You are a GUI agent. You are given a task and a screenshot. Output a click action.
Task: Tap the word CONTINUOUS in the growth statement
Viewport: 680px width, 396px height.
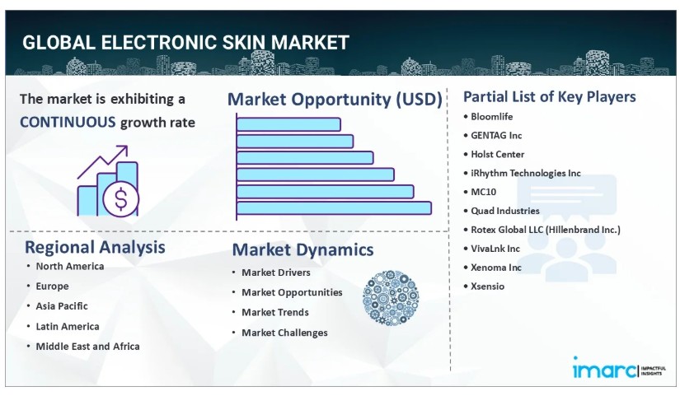(x=68, y=122)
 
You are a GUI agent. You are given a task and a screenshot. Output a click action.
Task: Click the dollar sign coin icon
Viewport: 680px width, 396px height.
(x=121, y=199)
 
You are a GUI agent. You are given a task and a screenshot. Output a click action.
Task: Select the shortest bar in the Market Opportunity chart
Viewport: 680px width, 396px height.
(x=288, y=124)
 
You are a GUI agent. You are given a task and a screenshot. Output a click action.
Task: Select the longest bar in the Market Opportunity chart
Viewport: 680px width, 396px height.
(x=334, y=208)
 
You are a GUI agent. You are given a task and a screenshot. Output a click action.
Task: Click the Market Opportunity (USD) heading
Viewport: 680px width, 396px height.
(x=335, y=100)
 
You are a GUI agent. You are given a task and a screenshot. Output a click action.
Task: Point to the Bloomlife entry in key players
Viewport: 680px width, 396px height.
(x=491, y=117)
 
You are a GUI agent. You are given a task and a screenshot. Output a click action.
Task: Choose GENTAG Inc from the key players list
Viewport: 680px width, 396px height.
(x=496, y=135)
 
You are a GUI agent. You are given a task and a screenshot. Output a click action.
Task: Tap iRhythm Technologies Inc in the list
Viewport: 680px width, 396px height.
(x=526, y=173)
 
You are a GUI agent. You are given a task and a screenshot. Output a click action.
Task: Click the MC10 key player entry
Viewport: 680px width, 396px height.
(x=483, y=192)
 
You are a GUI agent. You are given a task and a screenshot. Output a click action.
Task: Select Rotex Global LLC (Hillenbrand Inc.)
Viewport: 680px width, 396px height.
(x=546, y=230)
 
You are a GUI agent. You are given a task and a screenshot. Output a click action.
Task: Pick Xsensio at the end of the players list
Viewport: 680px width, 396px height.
(x=487, y=286)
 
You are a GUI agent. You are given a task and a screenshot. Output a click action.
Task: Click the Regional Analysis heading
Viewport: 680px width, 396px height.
(x=95, y=247)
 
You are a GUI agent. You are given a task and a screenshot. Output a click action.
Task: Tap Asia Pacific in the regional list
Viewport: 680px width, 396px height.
(x=62, y=306)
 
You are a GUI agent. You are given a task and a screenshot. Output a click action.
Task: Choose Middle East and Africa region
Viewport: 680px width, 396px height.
(x=87, y=346)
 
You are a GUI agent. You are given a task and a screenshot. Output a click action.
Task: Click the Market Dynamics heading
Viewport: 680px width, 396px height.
(x=302, y=249)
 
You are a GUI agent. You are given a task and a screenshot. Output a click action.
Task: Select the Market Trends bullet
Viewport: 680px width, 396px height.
(x=275, y=312)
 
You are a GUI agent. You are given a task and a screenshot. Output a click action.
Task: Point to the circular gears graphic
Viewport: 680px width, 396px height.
(x=391, y=298)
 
